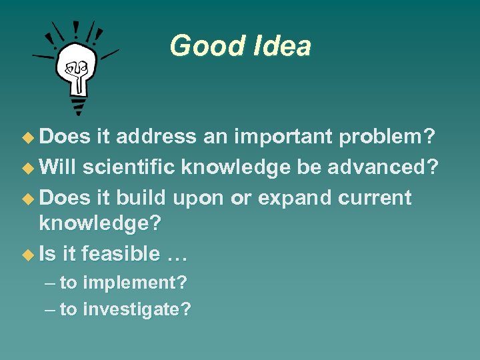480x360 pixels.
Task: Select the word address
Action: [x=156, y=137]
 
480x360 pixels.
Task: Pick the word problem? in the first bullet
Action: [x=387, y=137]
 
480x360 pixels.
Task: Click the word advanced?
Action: [x=383, y=167]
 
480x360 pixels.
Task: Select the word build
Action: [x=143, y=199]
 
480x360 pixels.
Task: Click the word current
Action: [x=375, y=199]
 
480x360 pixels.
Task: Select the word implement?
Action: [x=133, y=283]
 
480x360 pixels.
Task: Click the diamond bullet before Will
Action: [x=27, y=168]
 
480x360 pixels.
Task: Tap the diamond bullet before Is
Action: [x=27, y=254]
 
